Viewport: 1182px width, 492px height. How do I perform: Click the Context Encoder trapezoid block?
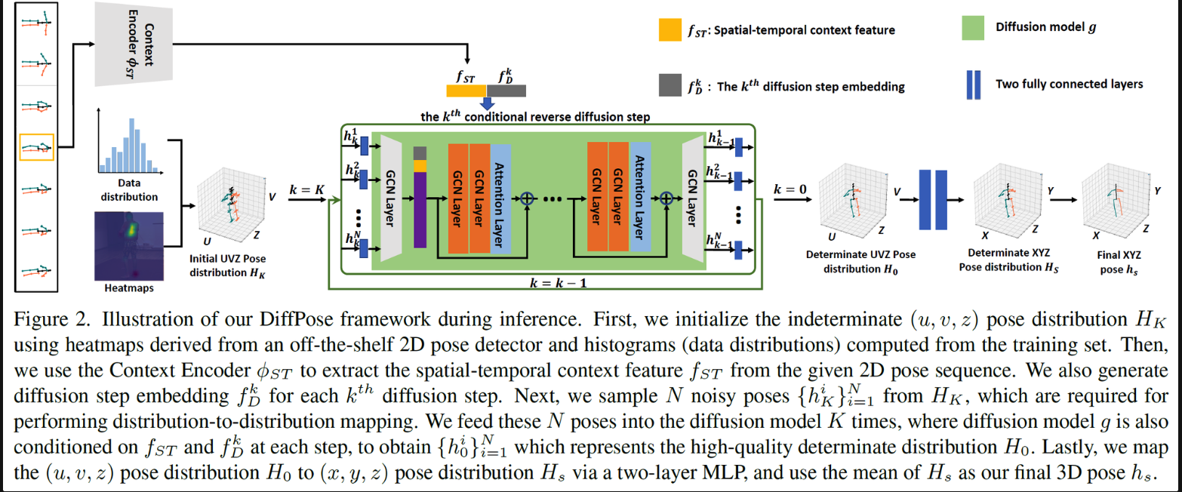pyautogui.click(x=131, y=43)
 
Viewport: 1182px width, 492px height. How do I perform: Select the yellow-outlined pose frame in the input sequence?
pyautogui.click(x=36, y=146)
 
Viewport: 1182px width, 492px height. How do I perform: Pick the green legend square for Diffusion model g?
pyautogui.click(x=975, y=27)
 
